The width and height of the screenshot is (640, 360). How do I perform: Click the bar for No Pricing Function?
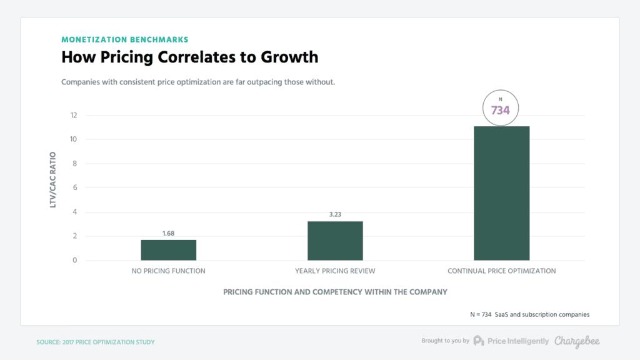[168, 250]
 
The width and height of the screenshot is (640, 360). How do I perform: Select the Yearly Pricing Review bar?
[335, 241]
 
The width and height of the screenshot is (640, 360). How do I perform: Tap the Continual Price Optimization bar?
[501, 193]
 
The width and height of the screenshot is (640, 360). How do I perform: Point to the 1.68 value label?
[168, 234]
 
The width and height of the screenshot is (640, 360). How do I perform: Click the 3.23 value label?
[335, 215]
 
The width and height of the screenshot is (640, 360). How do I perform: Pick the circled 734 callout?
[500, 109]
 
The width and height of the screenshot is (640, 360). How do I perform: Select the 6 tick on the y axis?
[74, 187]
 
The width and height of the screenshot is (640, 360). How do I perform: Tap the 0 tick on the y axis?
[74, 261]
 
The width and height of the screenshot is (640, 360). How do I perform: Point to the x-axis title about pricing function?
[335, 292]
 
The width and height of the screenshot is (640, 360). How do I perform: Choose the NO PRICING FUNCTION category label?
[168, 271]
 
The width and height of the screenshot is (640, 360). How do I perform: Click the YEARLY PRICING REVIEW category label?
[335, 271]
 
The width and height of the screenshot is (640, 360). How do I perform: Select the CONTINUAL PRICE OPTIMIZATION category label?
[501, 271]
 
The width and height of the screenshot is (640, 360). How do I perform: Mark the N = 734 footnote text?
[530, 314]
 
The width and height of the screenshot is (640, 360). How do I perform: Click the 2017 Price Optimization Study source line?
[95, 342]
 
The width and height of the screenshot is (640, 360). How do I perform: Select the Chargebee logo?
[577, 341]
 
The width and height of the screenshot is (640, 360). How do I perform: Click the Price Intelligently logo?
[511, 341]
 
